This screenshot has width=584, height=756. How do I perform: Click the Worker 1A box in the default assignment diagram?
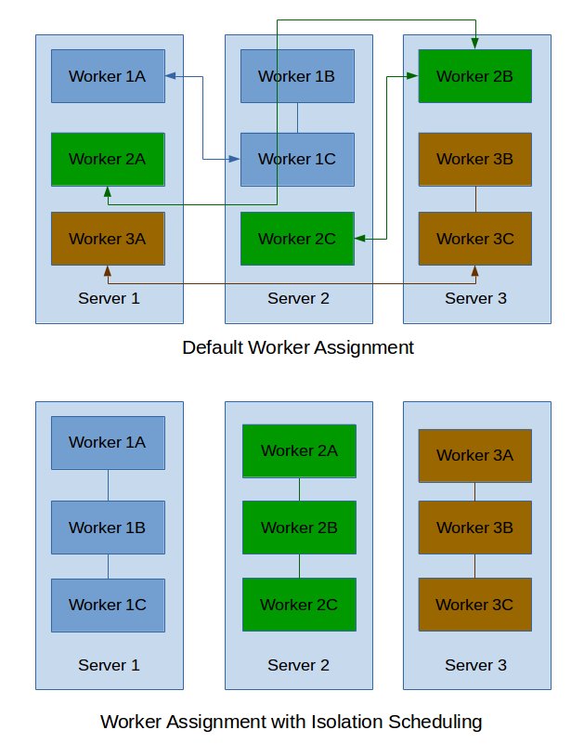click(x=107, y=76)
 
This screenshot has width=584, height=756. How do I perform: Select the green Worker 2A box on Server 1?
click(x=107, y=159)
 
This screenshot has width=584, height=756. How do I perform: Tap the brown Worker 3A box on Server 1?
click(x=107, y=239)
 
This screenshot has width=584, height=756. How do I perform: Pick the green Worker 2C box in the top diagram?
click(x=297, y=239)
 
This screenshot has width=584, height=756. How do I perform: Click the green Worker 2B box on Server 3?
click(x=474, y=76)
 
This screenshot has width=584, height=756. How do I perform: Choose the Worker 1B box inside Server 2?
click(x=297, y=76)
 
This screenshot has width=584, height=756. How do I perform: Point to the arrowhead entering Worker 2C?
click(x=359, y=240)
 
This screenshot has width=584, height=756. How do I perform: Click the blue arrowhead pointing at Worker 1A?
click(x=171, y=76)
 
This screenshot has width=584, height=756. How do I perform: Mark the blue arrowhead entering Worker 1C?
click(x=235, y=160)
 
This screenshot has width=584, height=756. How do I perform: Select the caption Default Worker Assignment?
click(x=297, y=348)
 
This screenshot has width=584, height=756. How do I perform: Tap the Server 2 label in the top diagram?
click(x=298, y=298)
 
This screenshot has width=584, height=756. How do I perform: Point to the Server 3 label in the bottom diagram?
click(x=475, y=665)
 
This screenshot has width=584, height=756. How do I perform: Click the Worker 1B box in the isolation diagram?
click(x=107, y=528)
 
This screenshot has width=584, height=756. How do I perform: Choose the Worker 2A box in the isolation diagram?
click(x=299, y=450)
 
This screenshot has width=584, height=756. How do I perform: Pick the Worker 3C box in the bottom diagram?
click(x=474, y=606)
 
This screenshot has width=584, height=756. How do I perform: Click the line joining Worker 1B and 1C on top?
click(x=297, y=118)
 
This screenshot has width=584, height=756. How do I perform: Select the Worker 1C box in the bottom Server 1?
click(x=107, y=606)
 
